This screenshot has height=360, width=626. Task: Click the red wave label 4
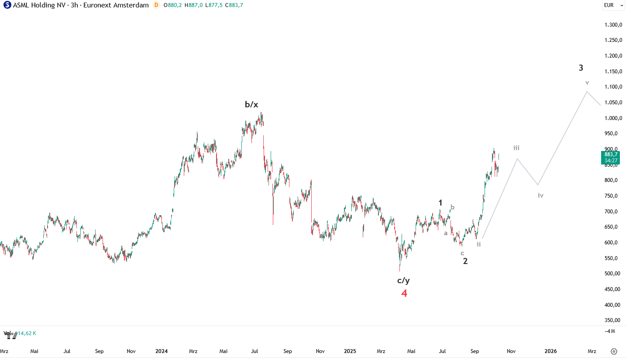(404, 294)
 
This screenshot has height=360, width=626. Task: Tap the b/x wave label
(251, 104)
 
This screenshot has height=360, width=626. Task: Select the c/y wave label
(403, 280)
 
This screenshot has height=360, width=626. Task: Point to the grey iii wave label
(516, 147)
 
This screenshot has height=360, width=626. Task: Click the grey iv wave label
(540, 195)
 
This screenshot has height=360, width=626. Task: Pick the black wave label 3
(581, 68)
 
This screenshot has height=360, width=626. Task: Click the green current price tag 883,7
(610, 157)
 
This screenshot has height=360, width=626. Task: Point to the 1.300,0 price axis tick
(613, 25)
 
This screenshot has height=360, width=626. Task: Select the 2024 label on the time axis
(162, 351)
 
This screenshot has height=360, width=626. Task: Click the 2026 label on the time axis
(550, 351)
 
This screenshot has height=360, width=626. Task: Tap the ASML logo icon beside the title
(7, 5)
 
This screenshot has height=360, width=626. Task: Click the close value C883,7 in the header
(234, 5)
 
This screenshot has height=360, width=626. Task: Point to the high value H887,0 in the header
(193, 5)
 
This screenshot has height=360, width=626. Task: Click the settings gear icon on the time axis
(614, 351)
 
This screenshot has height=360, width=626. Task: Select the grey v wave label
(587, 82)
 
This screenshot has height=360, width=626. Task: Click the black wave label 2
(465, 261)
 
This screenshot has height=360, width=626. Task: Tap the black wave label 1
(440, 202)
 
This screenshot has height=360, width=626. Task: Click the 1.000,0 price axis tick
(613, 118)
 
